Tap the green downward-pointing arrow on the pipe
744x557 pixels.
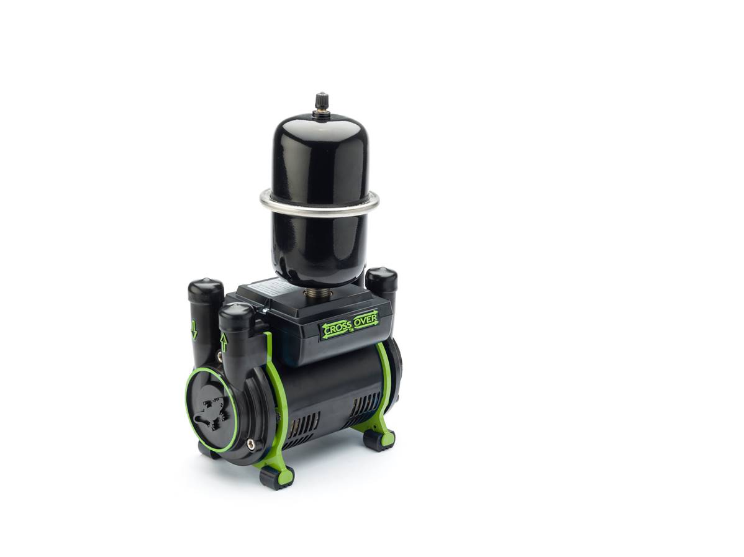(x=194, y=330)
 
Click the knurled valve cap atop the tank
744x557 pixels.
(x=320, y=101)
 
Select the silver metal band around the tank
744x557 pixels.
(x=319, y=204)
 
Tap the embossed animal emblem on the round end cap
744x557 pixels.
(x=210, y=411)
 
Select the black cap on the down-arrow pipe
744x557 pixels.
(x=206, y=290)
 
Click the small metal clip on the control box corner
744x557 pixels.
(x=263, y=312)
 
